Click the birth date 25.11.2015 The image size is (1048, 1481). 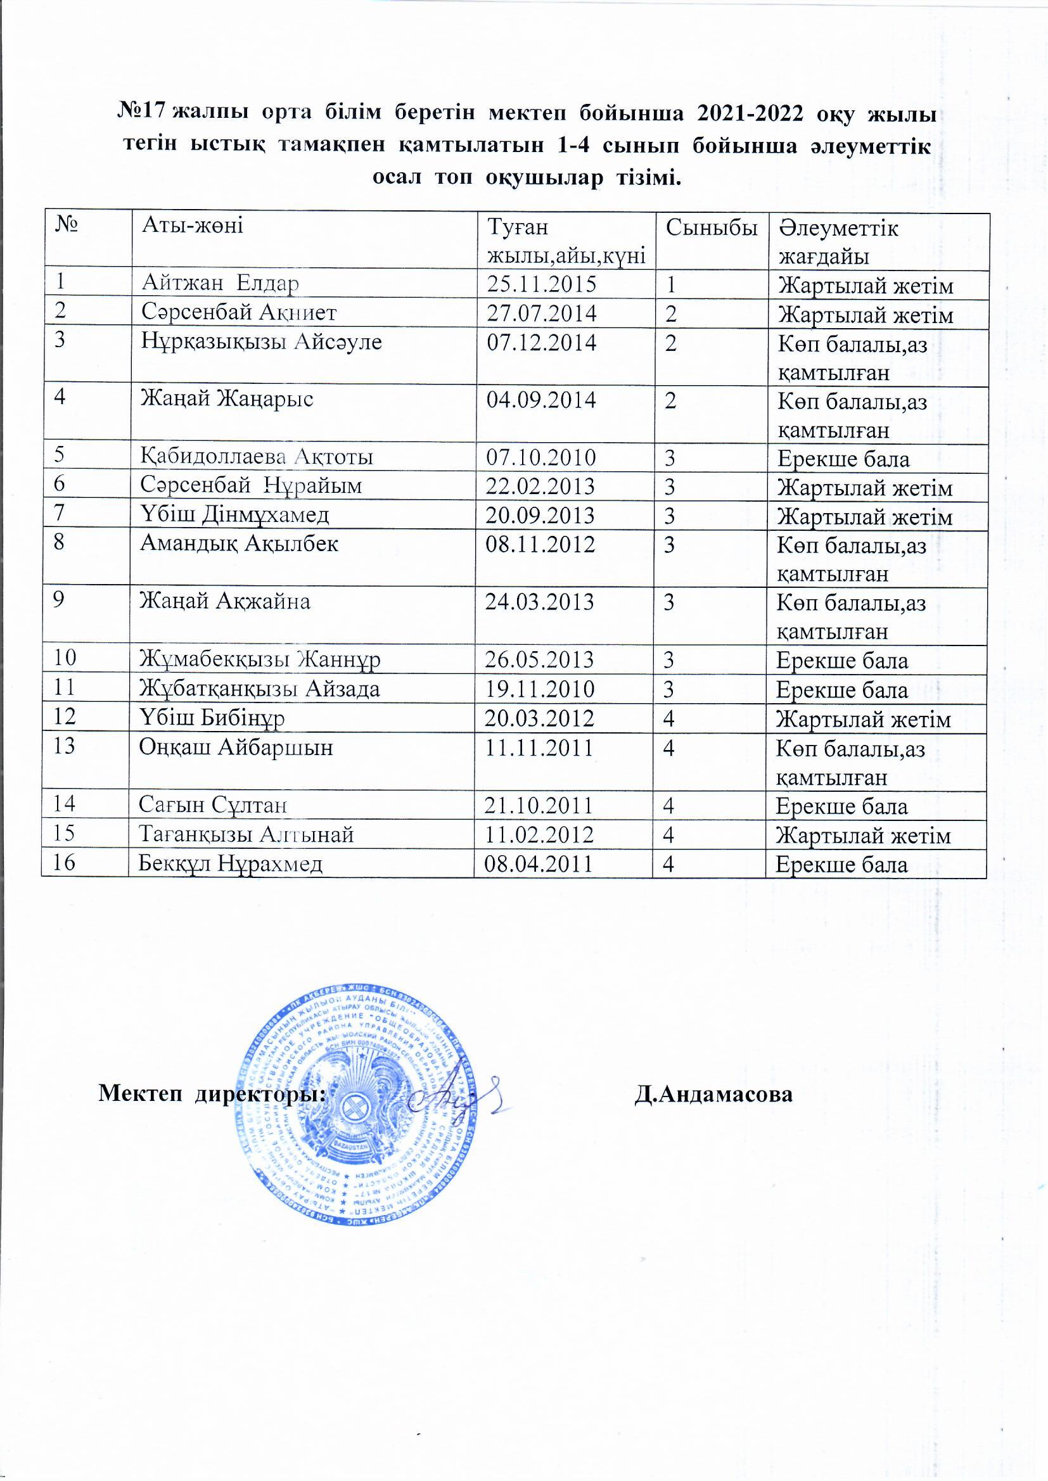tap(541, 284)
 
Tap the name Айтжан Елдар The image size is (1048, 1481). tap(220, 283)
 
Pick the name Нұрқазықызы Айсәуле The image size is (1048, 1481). tap(261, 341)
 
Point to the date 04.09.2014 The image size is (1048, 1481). tap(540, 400)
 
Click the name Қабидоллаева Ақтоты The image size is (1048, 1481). tap(257, 457)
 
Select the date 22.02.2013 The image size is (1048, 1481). tap(540, 486)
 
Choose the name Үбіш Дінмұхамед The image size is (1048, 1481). tap(235, 514)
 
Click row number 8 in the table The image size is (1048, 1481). tap(60, 542)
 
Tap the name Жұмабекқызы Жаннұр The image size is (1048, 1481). tap(260, 659)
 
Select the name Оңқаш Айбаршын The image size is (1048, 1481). tap(236, 747)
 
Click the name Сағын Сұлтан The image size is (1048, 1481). tap(213, 804)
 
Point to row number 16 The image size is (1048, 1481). tap(65, 862)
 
